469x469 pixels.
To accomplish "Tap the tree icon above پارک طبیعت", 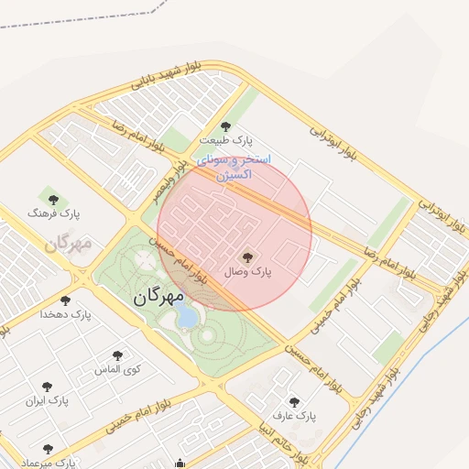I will point(226,126).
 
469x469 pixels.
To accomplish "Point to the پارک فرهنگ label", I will point(54,213).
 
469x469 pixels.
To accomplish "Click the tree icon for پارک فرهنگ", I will point(51,198).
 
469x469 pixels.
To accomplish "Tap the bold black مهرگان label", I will point(158,297).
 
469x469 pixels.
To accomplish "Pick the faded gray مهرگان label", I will point(69,244).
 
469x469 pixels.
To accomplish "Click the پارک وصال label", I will point(251,272).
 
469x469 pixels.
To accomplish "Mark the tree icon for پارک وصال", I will point(247,257).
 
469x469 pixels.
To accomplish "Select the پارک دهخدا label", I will point(66,314).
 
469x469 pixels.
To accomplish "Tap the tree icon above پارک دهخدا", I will point(64,300).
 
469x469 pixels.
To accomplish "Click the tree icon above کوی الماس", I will point(116,355).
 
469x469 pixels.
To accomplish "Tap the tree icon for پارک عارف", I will point(293,401).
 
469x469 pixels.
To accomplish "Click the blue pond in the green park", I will point(187,317).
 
